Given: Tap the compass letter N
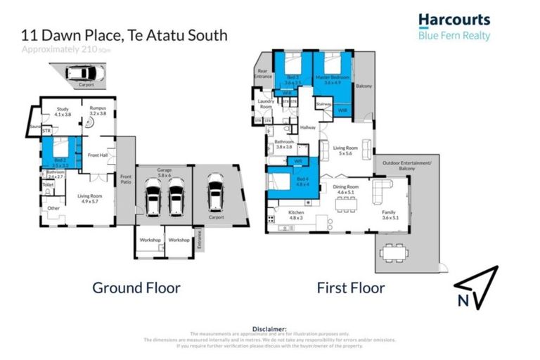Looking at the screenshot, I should pyautogui.click(x=462, y=301).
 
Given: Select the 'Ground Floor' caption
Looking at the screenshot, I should pyautogui.click(x=136, y=288).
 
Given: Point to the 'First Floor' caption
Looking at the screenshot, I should pyautogui.click(x=350, y=288).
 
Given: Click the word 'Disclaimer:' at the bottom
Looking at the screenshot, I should pyautogui.click(x=270, y=328).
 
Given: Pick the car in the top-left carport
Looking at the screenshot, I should pyautogui.click(x=83, y=72).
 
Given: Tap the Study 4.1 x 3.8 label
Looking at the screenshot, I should pyautogui.click(x=59, y=111).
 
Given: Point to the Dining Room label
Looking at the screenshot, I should pyautogui.click(x=347, y=188).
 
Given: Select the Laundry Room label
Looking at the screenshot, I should pyautogui.click(x=266, y=104).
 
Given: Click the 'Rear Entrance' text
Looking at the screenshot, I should pyautogui.click(x=263, y=72).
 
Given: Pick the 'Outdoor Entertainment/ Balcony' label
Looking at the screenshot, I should pyautogui.click(x=407, y=166).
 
